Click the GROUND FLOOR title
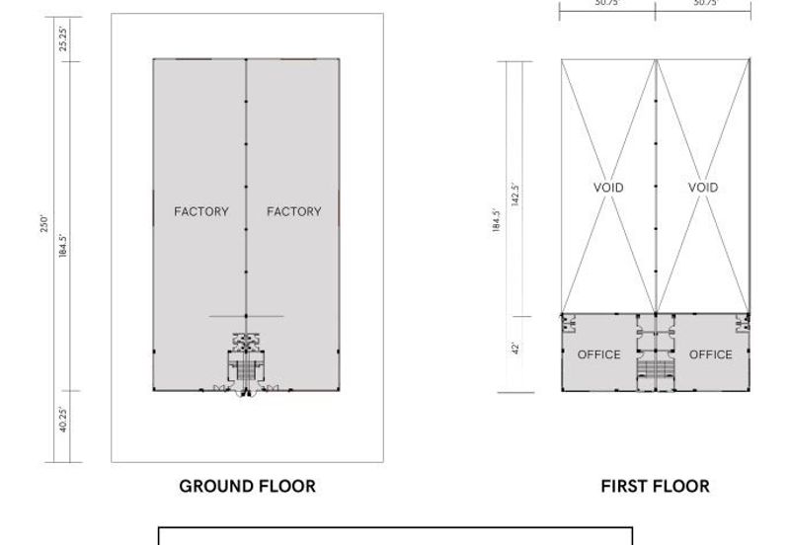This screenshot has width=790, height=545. point(247,486)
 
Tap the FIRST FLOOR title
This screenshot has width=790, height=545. point(655,486)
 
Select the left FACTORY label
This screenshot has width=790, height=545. point(200,211)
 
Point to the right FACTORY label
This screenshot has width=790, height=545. point(293,211)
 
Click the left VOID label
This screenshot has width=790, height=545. point(608,188)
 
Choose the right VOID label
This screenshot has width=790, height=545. point(703,188)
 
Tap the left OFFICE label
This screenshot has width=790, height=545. point(598,354)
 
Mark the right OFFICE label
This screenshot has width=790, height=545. point(711,354)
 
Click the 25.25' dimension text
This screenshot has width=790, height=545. point(63,39)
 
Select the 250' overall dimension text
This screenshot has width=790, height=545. point(43,224)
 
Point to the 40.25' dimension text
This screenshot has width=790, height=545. point(63,421)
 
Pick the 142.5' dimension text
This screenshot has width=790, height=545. point(514,192)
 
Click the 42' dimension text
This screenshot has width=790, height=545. point(514,349)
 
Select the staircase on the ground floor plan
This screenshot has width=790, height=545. point(246,371)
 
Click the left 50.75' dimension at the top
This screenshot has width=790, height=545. point(607,4)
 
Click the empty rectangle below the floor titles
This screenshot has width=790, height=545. point(395,536)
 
